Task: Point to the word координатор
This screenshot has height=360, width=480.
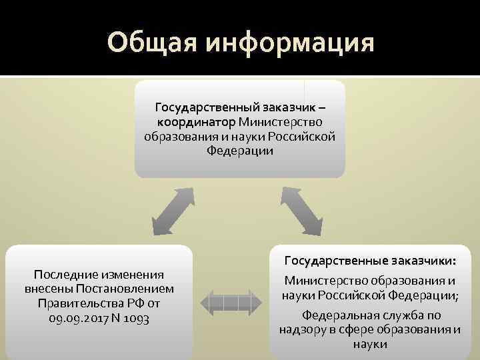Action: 196,122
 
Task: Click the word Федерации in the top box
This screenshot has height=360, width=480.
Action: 240,151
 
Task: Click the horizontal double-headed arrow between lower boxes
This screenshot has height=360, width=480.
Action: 231,302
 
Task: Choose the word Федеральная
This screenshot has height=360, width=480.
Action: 338,315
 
